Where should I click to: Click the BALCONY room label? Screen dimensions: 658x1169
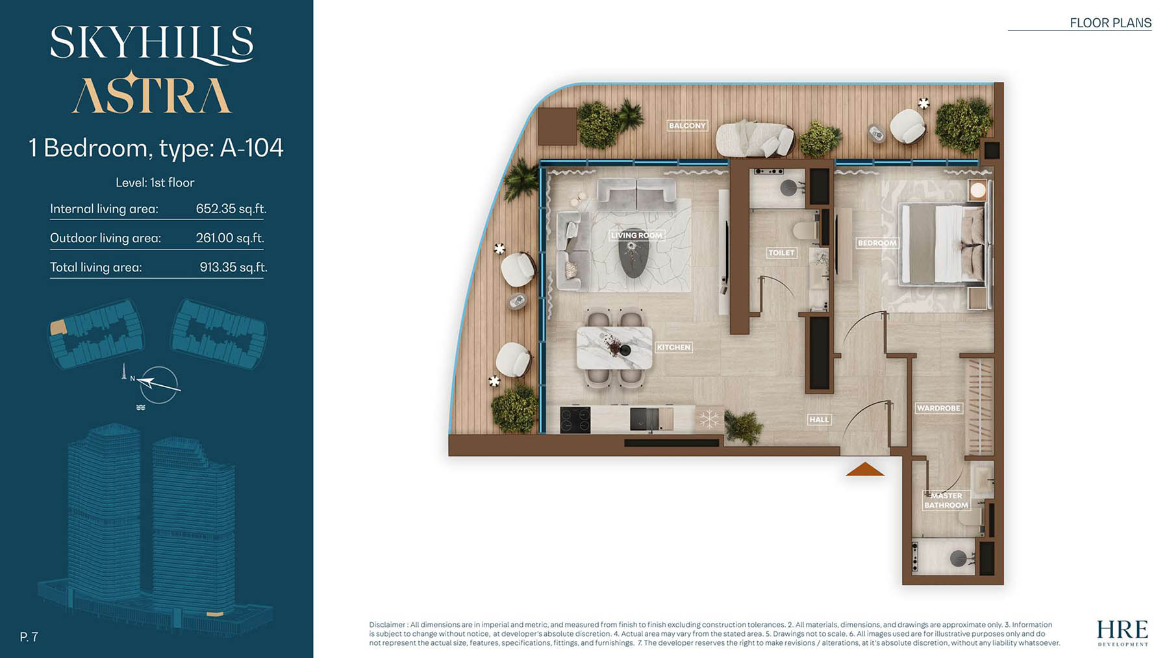pos(687,125)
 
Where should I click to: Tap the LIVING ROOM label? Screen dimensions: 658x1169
pos(636,235)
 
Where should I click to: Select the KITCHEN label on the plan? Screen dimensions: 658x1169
pos(673,348)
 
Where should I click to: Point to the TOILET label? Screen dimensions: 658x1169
pos(781,253)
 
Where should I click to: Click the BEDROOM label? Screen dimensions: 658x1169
pos(877,243)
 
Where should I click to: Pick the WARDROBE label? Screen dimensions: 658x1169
pos(938,408)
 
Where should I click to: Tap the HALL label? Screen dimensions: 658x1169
pos(819,420)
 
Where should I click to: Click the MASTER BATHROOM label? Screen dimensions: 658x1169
pos(946,500)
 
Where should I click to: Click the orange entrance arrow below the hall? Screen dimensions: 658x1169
pos(865,470)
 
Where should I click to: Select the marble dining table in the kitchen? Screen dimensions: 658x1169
pos(614,348)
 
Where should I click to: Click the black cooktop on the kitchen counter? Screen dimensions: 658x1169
pos(575,420)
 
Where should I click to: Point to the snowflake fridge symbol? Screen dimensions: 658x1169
pos(709,419)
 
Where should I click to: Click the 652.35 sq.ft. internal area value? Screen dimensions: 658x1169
pos(231,209)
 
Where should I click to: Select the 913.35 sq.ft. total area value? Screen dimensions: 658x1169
pos(233,267)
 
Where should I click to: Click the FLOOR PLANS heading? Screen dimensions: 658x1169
pos(1110,23)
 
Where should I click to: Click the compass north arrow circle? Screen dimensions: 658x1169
pos(159,385)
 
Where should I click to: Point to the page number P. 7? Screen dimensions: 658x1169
pos(29,637)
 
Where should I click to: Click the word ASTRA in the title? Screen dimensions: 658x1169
pos(151,95)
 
